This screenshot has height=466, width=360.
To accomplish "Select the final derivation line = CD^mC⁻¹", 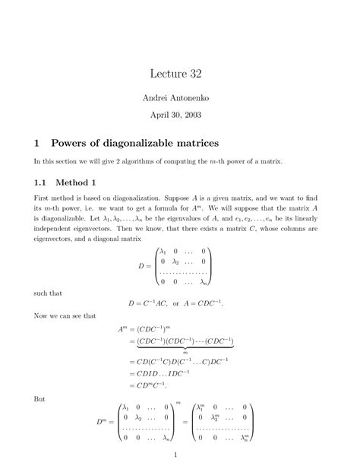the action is click(151, 385).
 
